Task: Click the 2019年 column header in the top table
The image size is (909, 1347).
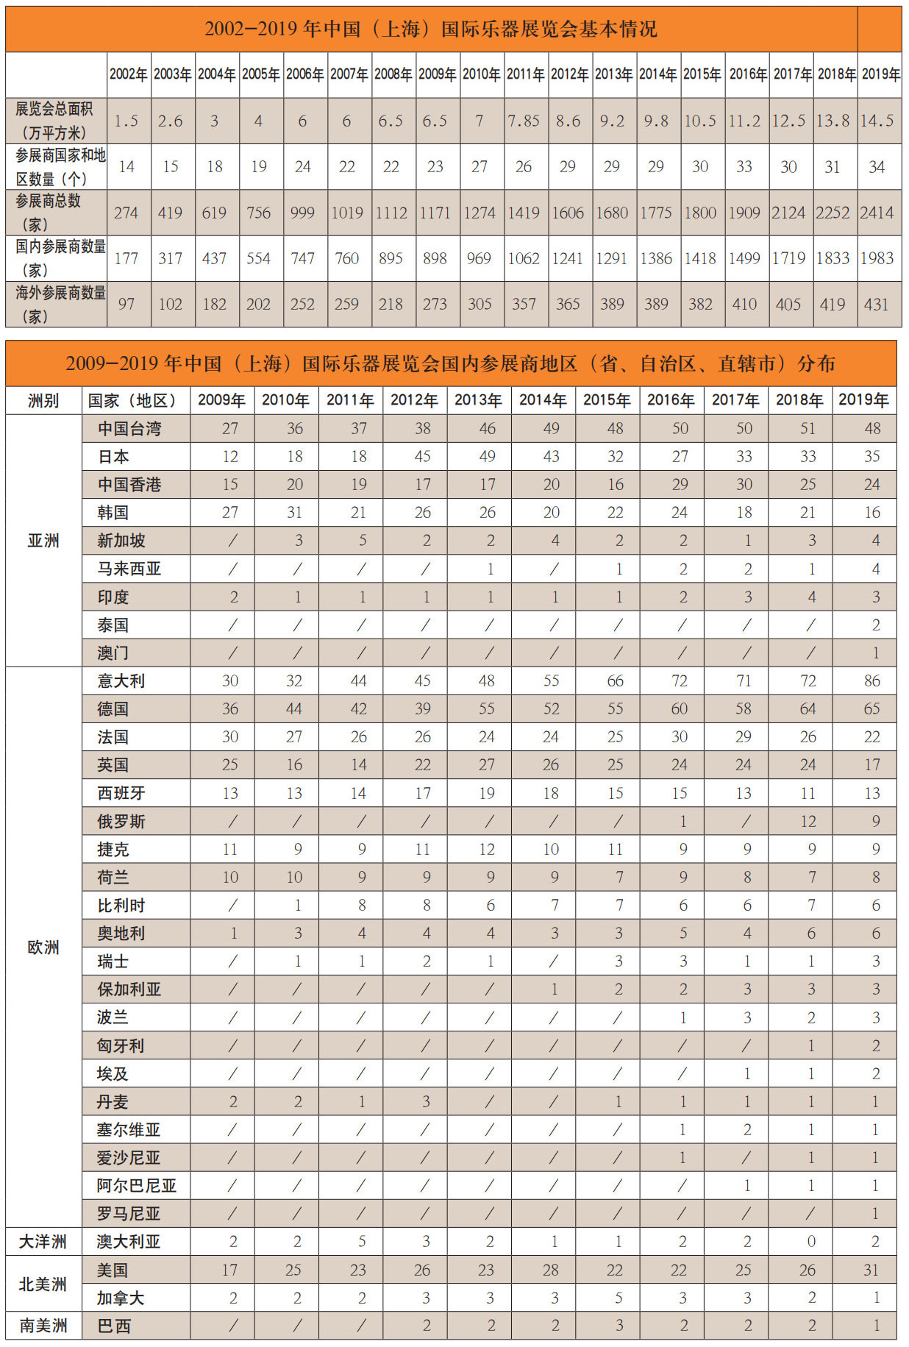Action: pos(880,74)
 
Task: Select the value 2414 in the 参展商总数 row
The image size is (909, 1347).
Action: pos(877,213)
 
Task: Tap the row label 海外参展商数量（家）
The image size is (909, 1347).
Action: pos(57,304)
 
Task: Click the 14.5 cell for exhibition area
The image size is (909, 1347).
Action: pos(877,121)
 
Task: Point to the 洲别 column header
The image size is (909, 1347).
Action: pos(43,401)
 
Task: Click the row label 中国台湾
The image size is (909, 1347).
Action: pos(129,429)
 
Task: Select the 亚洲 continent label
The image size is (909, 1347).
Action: pos(43,541)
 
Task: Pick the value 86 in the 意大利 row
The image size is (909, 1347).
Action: pos(872,681)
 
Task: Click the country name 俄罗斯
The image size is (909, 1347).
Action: pos(121,821)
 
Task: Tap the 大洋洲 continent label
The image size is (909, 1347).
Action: pos(43,1242)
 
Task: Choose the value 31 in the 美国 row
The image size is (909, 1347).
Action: pos(871,1270)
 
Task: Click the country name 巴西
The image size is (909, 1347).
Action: pos(114,1326)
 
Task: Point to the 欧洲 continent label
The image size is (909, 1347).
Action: pos(43,948)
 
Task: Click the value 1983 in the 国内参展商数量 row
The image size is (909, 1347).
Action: pos(877,258)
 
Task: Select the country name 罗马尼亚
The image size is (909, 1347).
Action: pos(129,1214)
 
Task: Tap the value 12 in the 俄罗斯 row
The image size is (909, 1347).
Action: pos(808,821)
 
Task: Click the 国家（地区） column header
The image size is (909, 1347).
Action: pos(132,401)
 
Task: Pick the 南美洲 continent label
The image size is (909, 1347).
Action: pos(43,1326)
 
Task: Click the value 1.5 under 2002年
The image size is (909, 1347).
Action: pos(126,121)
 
